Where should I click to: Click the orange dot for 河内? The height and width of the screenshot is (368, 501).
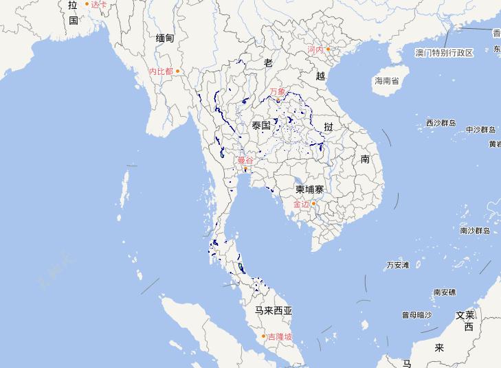tap(328, 49)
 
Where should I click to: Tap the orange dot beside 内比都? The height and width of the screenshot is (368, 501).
tap(177, 71)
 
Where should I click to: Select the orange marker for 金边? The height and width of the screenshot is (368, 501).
tap(313, 203)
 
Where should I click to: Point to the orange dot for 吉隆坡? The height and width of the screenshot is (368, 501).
tap(263, 336)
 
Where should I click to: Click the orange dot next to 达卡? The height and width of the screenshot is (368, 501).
tap(87, 4)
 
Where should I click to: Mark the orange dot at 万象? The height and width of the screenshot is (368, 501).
tap(278, 100)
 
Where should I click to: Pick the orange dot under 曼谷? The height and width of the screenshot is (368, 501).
tap(245, 168)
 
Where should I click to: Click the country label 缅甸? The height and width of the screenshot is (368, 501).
tap(165, 38)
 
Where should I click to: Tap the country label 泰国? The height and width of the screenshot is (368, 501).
tap(261, 126)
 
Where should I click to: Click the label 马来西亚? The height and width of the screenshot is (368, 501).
tap(274, 311)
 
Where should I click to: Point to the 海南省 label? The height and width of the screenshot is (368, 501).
tap(386, 81)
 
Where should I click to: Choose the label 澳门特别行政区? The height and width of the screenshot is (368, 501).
tap(445, 53)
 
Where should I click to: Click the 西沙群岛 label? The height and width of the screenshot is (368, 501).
tap(441, 124)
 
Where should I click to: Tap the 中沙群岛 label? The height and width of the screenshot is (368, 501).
tap(480, 129)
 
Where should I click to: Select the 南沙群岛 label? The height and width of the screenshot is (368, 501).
tap(475, 231)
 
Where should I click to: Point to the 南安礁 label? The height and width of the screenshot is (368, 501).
tap(445, 292)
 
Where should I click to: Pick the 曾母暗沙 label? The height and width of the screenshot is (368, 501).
tap(417, 315)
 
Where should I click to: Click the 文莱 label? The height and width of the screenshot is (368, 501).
tap(465, 315)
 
